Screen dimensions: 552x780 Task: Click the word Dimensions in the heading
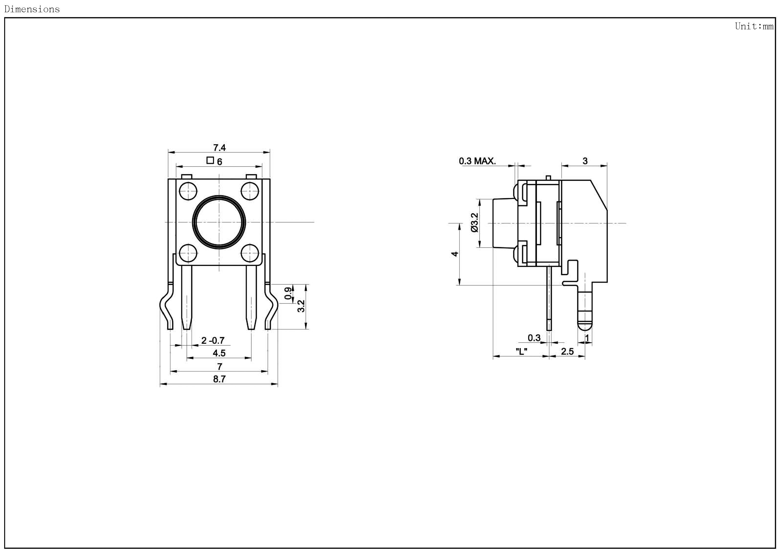(32, 9)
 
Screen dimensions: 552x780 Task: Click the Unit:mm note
(754, 26)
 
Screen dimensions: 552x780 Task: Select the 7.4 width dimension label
(219, 147)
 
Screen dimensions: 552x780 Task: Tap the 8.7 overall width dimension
(219, 379)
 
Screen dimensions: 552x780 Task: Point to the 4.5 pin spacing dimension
(219, 353)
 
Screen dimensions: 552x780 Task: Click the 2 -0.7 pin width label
(213, 340)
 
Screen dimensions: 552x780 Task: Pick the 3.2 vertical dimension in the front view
(301, 306)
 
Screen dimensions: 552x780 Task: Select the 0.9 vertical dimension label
(288, 293)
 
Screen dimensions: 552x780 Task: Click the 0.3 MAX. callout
(477, 161)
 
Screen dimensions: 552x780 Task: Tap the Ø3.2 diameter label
(475, 223)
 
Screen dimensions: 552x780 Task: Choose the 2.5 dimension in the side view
(567, 351)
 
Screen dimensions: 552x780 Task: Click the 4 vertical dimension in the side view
(455, 254)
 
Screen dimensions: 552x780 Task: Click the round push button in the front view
(219, 222)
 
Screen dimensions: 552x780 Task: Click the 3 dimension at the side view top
(585, 161)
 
